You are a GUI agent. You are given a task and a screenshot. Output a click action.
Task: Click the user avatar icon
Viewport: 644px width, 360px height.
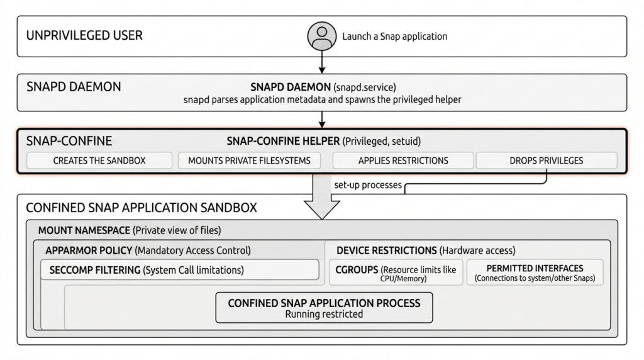coord(322,36)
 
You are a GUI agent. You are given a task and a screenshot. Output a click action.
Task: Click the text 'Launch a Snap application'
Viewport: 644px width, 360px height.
coord(395,36)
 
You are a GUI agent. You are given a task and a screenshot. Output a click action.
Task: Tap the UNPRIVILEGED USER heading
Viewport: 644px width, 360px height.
coord(85,35)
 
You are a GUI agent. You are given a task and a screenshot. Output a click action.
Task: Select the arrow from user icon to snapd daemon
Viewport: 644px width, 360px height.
coord(322,62)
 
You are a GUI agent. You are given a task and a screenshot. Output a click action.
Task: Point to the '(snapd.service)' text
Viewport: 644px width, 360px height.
coord(365,87)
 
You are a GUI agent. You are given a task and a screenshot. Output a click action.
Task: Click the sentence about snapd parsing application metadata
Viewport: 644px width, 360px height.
coord(322,100)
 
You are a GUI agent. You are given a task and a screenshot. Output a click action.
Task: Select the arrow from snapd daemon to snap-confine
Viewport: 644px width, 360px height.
coord(322,120)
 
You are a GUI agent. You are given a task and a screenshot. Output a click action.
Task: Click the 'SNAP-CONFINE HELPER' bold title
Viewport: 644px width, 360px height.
coord(284,142)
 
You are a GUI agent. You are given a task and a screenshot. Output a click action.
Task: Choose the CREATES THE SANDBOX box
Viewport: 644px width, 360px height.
coord(99,160)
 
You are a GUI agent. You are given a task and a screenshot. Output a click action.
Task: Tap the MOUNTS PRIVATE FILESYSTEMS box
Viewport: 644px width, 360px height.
coord(249,160)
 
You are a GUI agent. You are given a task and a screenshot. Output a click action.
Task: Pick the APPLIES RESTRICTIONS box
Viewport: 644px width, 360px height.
coord(403,160)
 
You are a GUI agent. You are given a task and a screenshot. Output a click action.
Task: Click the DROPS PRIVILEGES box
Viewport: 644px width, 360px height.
coord(547,160)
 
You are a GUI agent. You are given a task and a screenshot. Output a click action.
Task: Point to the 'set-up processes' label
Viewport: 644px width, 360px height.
coord(368,185)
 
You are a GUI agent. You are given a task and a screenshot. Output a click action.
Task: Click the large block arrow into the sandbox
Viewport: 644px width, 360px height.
coord(322,197)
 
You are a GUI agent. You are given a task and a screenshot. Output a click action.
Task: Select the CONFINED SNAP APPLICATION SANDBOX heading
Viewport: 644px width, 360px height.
coord(142,208)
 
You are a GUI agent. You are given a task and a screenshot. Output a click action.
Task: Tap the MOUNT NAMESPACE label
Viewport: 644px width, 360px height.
coord(84,230)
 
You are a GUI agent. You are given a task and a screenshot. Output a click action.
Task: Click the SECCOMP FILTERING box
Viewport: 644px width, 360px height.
coord(180,269)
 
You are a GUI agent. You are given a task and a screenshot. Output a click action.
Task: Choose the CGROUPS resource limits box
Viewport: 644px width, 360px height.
coord(396,272)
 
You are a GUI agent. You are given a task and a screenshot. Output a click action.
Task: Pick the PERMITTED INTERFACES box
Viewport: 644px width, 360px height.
coord(535,272)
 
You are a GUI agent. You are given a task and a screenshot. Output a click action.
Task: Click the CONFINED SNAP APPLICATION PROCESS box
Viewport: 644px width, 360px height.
coord(324,308)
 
